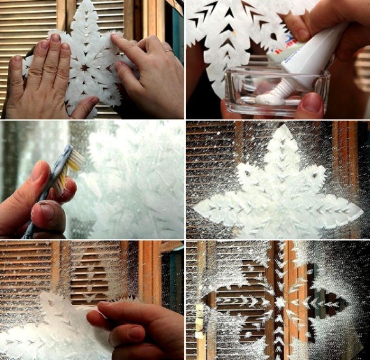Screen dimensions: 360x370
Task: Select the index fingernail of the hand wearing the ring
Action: [118, 40]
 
